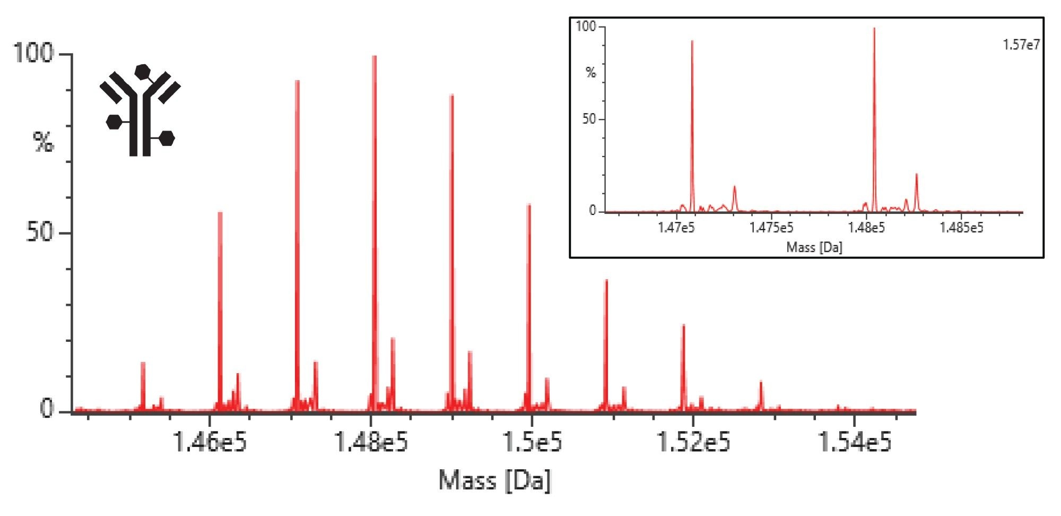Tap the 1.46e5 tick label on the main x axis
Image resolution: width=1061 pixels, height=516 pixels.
pos(210,442)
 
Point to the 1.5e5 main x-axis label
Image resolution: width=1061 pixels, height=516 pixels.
pos(533,442)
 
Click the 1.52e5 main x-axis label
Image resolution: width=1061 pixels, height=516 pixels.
pos(693,442)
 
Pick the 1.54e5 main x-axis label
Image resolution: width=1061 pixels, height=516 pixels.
pos(855,442)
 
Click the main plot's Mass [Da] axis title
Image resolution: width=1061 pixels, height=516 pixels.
pos(495,480)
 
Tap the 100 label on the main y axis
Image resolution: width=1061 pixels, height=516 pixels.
pos(33,53)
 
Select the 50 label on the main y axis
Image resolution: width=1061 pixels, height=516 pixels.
pos(40,233)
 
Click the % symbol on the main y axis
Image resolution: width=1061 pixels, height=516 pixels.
pos(44,142)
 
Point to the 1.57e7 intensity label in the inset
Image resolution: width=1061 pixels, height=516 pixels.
pos(1021,45)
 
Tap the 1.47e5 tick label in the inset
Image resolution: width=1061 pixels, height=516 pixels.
pos(676,228)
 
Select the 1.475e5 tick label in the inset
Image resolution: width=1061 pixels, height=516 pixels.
pos(771,228)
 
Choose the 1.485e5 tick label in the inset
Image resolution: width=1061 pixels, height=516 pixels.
pos(961,228)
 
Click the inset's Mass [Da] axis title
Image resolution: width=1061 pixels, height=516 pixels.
pos(814,247)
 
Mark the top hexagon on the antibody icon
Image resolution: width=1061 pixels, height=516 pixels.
pos(143,72)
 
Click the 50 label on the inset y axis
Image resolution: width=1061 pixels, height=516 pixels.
pos(589,119)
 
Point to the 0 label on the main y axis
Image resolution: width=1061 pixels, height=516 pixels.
pos(47,409)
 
